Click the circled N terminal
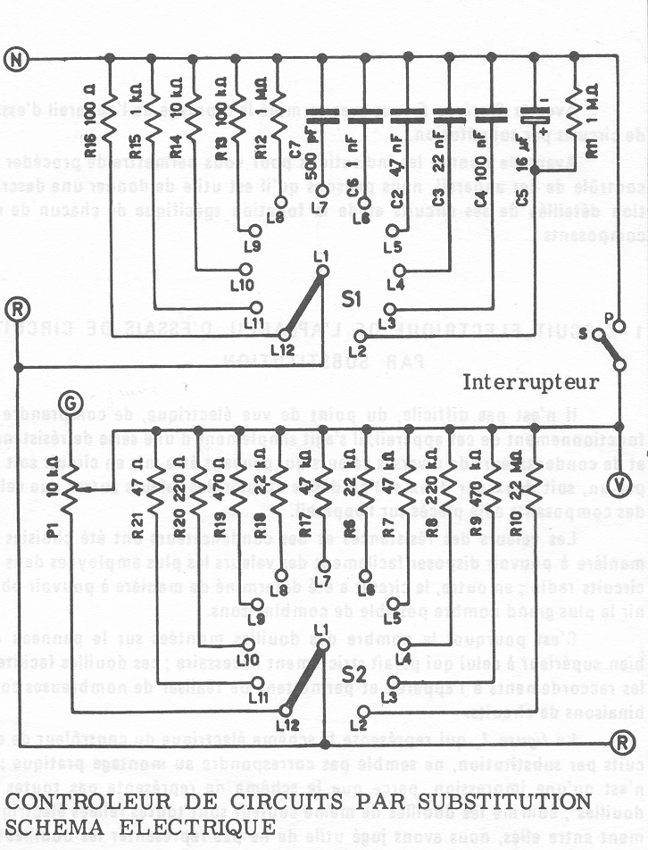[16, 59]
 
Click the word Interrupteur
[531, 383]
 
